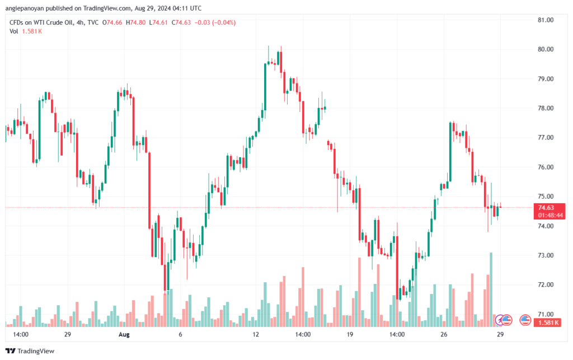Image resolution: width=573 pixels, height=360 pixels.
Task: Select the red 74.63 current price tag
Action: tap(550, 207)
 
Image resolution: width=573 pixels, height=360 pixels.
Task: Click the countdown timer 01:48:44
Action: tap(550, 215)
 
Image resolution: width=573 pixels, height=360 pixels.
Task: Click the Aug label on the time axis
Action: tap(124, 334)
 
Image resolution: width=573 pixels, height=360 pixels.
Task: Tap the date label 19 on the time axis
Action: tap(350, 334)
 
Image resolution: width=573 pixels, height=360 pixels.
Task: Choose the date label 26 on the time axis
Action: tap(444, 334)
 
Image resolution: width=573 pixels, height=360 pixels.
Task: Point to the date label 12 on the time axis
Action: tap(256, 334)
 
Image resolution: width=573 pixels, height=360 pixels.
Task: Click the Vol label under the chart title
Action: tap(14, 31)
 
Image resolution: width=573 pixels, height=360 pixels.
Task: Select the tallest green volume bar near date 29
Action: tap(491, 288)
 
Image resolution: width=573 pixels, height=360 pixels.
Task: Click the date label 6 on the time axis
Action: tap(180, 334)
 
